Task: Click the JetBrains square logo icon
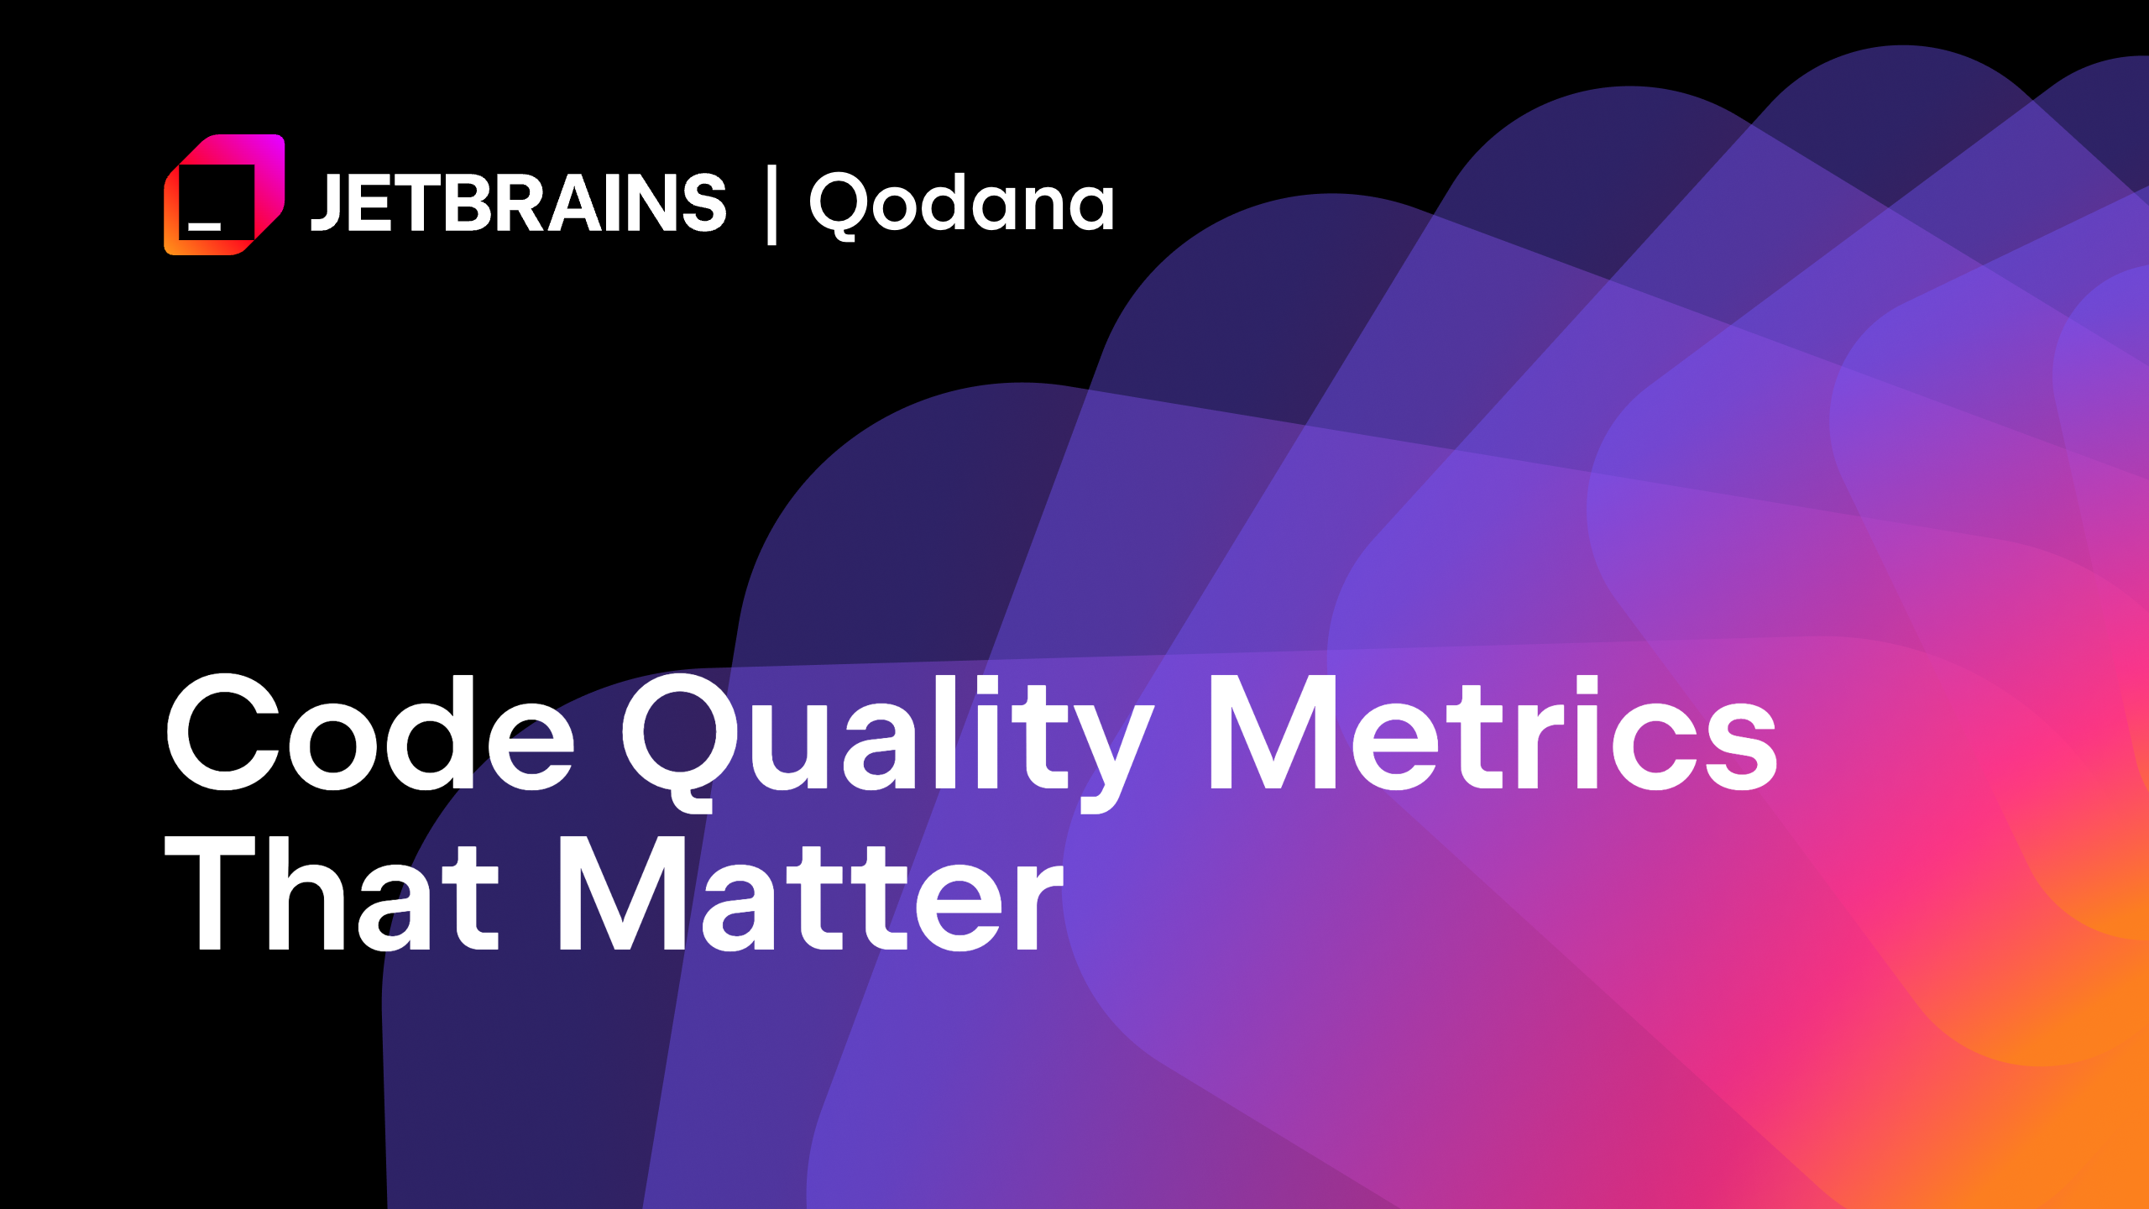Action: click(x=224, y=195)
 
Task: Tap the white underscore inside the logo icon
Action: click(x=204, y=226)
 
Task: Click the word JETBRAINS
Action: click(x=518, y=202)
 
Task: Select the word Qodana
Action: click(x=962, y=203)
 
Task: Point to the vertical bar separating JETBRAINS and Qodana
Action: click(x=771, y=205)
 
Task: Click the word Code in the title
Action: click(x=370, y=732)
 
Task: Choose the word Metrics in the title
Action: click(x=1491, y=732)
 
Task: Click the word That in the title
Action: click(x=332, y=893)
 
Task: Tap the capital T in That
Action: click(x=210, y=893)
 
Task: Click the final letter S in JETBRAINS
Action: click(x=703, y=202)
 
